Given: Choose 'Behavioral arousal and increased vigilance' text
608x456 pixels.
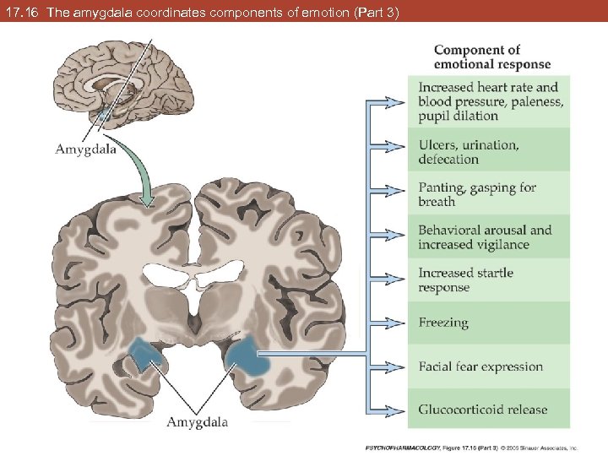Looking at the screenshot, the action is click(x=485, y=237).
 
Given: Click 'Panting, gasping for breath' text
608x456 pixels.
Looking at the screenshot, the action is click(x=477, y=194).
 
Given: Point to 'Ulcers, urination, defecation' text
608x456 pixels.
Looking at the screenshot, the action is click(x=469, y=152).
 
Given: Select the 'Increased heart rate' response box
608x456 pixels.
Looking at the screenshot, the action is click(x=488, y=100).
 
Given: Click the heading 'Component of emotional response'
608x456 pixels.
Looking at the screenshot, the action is click(x=491, y=57).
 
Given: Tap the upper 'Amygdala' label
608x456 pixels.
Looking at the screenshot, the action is click(x=85, y=149).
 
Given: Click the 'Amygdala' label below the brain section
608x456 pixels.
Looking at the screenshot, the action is click(x=197, y=421).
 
